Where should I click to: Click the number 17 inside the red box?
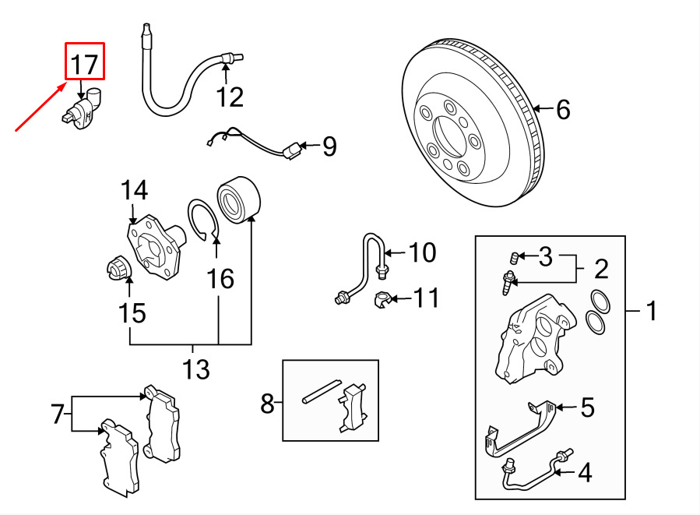click(84, 65)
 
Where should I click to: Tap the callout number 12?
click(230, 97)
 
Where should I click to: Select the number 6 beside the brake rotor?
click(564, 109)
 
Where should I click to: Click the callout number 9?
click(329, 146)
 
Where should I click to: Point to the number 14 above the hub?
click(135, 190)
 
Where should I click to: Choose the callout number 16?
click(220, 279)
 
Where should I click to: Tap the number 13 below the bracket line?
click(196, 369)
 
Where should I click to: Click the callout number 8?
click(267, 404)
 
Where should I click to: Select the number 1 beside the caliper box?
click(652, 310)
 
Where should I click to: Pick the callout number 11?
click(427, 298)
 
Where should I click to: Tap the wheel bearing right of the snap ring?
click(238, 199)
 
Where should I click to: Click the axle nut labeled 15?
click(118, 267)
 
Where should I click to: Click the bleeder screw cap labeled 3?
click(514, 258)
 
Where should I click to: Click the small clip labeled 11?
click(382, 300)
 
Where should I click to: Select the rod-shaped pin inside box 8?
click(322, 392)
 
